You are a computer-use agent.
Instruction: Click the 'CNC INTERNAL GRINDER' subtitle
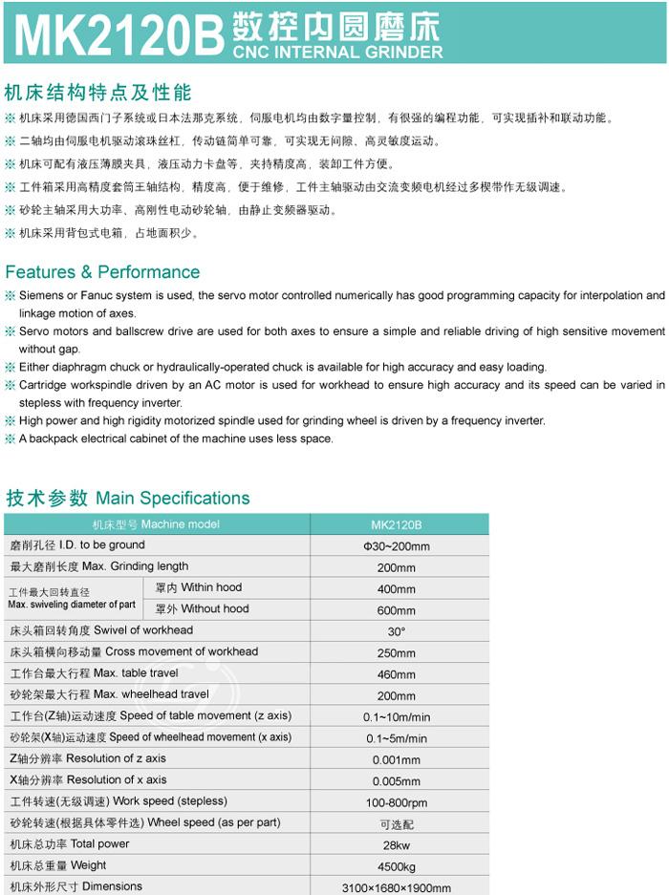339,51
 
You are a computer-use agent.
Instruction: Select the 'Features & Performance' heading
102,272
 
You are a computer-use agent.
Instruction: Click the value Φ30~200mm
396,546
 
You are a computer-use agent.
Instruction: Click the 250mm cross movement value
396,653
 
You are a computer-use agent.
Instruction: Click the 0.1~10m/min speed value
396,717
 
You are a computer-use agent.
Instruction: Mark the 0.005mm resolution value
396,781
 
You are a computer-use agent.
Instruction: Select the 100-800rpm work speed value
396,802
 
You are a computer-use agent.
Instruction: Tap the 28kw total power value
396,845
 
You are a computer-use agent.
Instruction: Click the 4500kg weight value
396,866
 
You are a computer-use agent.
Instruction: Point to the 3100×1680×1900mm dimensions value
396,887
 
